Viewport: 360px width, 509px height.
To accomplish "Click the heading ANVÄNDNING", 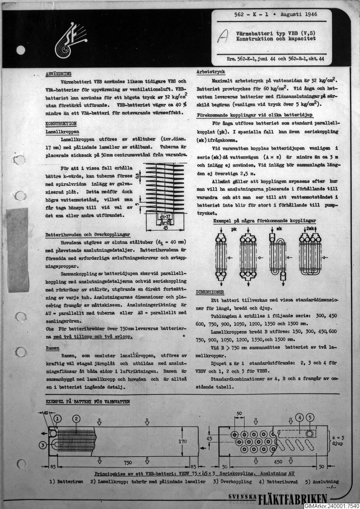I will click(x=58, y=73).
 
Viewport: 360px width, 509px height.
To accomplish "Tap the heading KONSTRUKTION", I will click(x=61, y=124).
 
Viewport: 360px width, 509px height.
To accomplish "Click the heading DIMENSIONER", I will click(x=210, y=292).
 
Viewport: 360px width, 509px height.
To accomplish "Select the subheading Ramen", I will click(x=52, y=348).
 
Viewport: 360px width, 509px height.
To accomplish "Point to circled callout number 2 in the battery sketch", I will click(x=76, y=418).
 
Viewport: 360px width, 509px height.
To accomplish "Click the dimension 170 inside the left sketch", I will click(x=183, y=441).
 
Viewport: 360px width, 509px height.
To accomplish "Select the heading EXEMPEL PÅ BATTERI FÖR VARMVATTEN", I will click(x=88, y=402).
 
